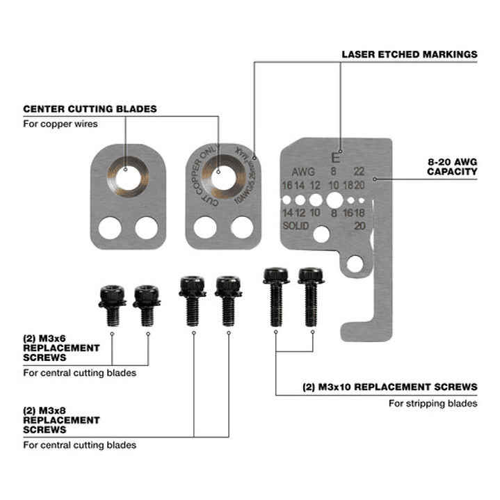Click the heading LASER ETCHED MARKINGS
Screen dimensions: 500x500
coord(410,54)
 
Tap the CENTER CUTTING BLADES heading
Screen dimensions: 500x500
coord(90,108)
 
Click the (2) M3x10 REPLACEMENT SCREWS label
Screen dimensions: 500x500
coord(389,387)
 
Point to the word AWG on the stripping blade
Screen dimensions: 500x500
coord(303,171)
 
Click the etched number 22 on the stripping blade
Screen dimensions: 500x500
coord(358,171)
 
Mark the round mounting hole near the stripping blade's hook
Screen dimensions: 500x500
coord(355,262)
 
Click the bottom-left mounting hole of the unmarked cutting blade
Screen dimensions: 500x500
coord(108,227)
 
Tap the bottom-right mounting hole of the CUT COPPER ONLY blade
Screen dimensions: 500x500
coord(242,227)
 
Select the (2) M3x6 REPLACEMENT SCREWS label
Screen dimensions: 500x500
coord(61,348)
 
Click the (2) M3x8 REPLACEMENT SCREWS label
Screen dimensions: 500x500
coord(61,420)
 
